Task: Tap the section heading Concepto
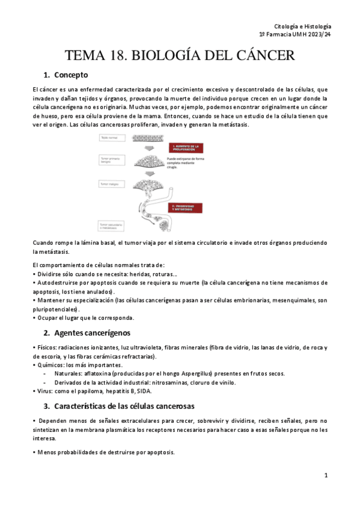pyautogui.click(x=71, y=75)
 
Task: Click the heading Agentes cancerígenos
pyautogui.click(x=96, y=333)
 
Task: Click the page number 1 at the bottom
pyautogui.click(x=325, y=475)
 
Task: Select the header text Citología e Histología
pyautogui.click(x=302, y=26)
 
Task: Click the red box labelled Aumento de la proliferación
pyautogui.click(x=185, y=148)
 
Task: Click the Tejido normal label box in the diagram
pyautogui.click(x=108, y=138)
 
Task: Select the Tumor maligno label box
pyautogui.click(x=108, y=183)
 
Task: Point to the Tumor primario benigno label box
pyautogui.click(x=109, y=161)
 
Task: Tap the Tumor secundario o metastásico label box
pyautogui.click(x=109, y=226)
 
